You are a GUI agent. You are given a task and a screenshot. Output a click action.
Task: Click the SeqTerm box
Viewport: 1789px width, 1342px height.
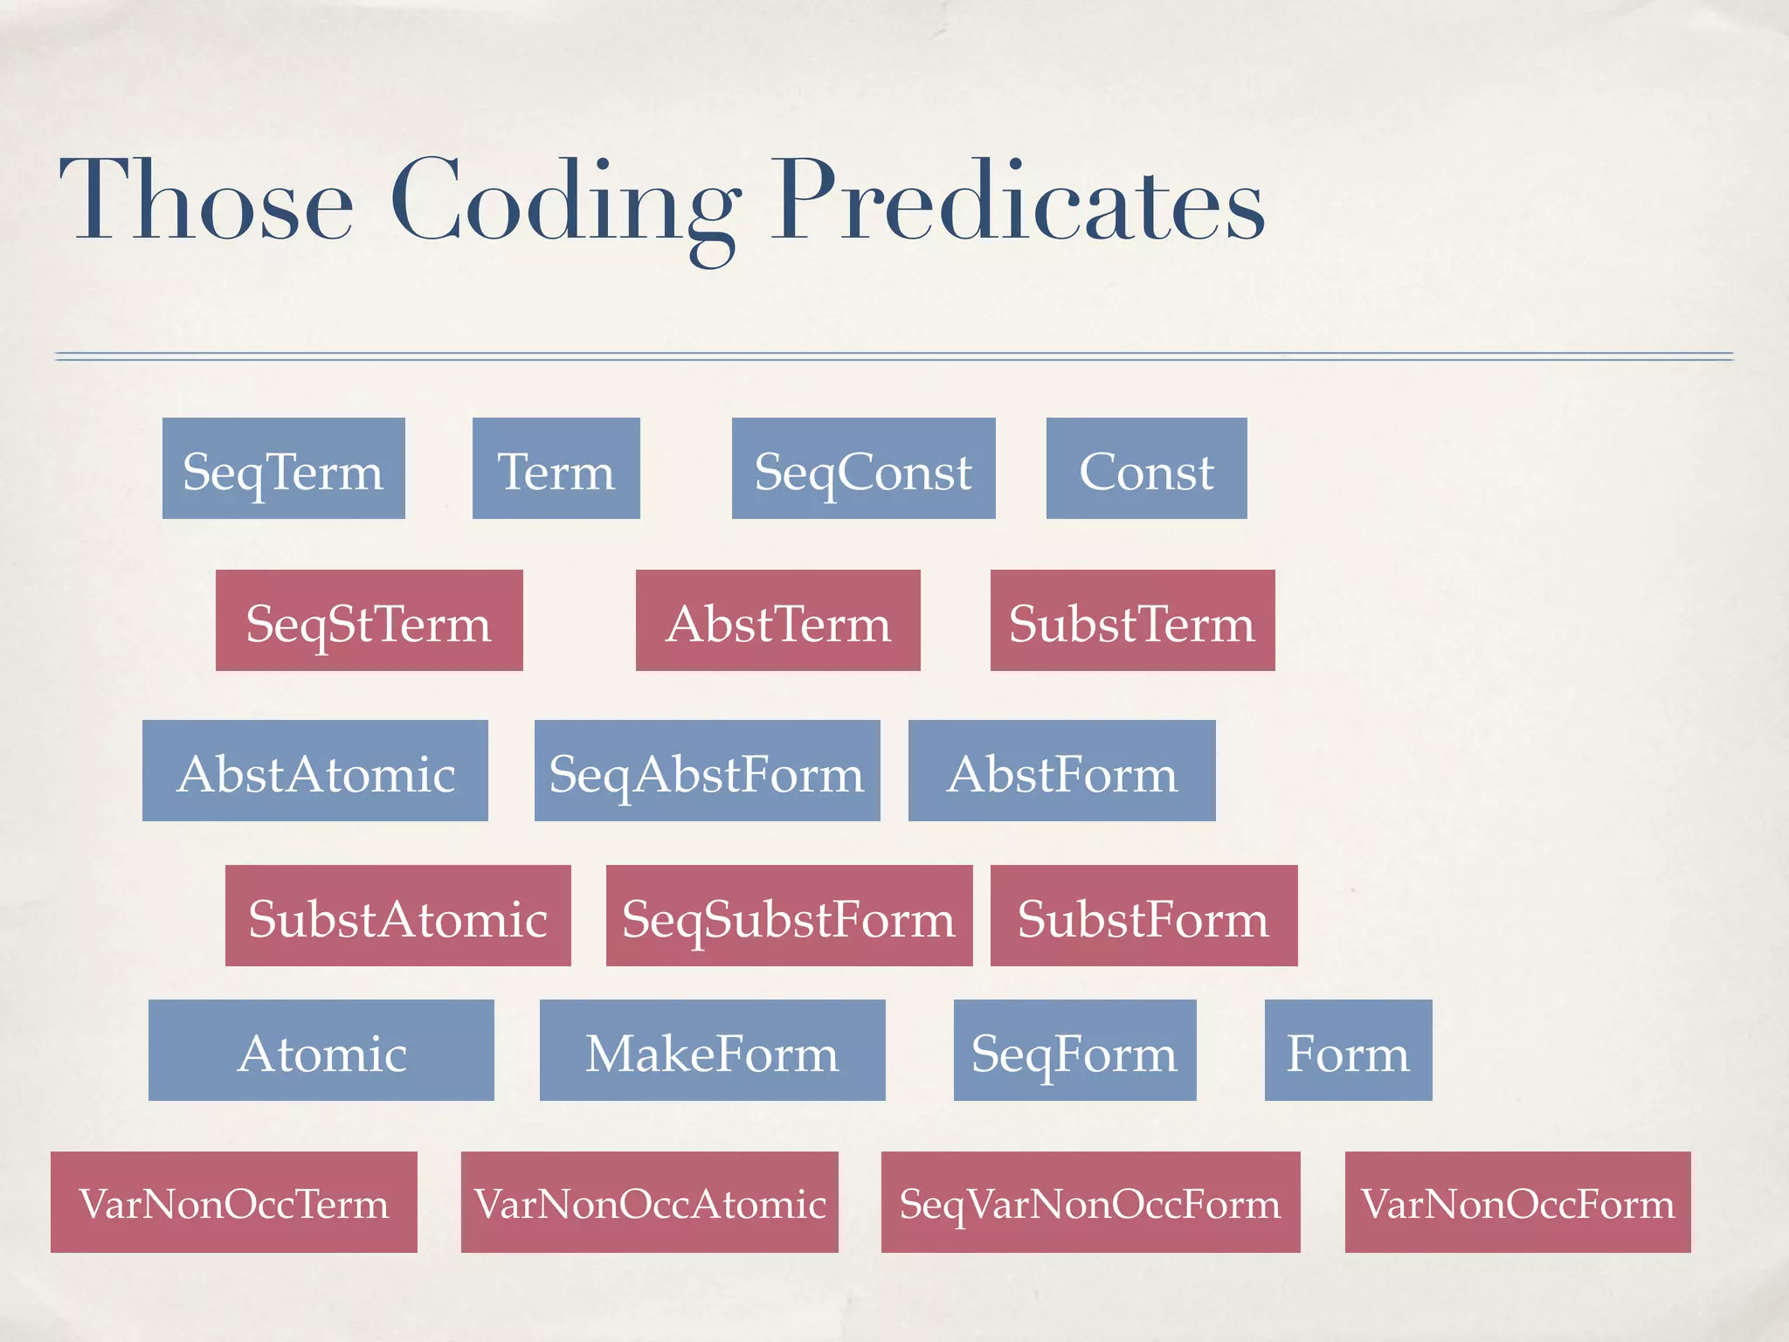coord(283,468)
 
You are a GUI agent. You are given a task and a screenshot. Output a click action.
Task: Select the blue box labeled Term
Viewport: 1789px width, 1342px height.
coord(556,468)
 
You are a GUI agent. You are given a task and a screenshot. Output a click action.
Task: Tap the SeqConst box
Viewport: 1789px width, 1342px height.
coord(863,468)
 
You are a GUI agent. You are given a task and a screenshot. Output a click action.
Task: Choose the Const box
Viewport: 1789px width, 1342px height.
coord(1146,468)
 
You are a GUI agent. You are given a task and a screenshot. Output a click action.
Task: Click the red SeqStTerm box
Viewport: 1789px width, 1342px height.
coord(369,620)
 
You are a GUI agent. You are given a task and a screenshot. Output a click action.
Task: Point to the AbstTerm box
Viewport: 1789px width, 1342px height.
coord(777,620)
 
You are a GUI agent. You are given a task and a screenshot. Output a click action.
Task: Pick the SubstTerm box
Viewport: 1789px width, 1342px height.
coord(1132,620)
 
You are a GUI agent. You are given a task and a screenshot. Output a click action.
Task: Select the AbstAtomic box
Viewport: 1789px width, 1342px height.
coord(314,771)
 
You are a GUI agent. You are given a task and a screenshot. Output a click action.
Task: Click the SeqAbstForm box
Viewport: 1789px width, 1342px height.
coord(707,771)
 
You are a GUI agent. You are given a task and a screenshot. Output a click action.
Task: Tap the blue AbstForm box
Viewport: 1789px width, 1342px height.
coord(1061,771)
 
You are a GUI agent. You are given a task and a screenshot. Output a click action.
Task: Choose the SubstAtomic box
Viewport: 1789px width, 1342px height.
coord(397,916)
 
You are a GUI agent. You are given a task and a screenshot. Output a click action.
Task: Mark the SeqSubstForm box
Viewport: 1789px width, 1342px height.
coord(789,916)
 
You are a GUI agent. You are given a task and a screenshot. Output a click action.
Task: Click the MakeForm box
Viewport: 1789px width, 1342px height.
coord(712,1050)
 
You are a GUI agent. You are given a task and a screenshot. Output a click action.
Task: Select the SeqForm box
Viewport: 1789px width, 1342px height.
coord(1074,1050)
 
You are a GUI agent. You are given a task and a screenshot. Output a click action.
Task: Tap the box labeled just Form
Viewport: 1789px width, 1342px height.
coord(1348,1050)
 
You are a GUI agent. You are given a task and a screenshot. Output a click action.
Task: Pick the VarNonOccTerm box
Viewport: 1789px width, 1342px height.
coord(233,1202)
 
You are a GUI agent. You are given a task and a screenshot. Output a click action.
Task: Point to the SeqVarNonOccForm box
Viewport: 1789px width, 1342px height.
coord(1090,1202)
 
